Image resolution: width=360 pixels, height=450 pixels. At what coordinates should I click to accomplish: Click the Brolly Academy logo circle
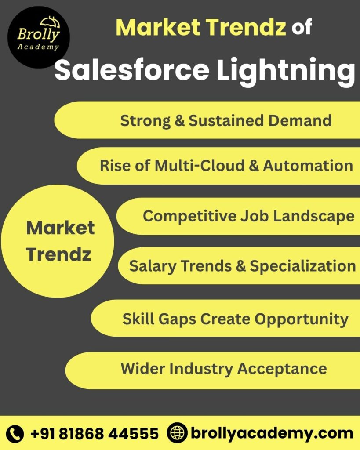(x=38, y=37)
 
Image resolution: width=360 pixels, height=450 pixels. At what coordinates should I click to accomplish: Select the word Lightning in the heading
(x=285, y=70)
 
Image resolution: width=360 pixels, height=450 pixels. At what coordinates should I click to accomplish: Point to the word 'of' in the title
(x=302, y=27)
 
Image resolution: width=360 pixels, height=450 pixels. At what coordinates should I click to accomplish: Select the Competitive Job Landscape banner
(x=248, y=216)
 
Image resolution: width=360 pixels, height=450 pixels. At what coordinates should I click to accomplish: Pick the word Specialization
(x=303, y=266)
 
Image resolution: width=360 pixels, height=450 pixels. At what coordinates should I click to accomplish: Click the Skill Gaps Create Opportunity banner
(x=235, y=319)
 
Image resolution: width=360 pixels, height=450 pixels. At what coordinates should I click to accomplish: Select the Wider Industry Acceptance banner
(x=223, y=369)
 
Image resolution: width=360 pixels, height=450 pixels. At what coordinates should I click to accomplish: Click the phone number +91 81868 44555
(x=94, y=434)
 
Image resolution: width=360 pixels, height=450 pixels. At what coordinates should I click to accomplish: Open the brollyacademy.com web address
(x=271, y=434)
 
